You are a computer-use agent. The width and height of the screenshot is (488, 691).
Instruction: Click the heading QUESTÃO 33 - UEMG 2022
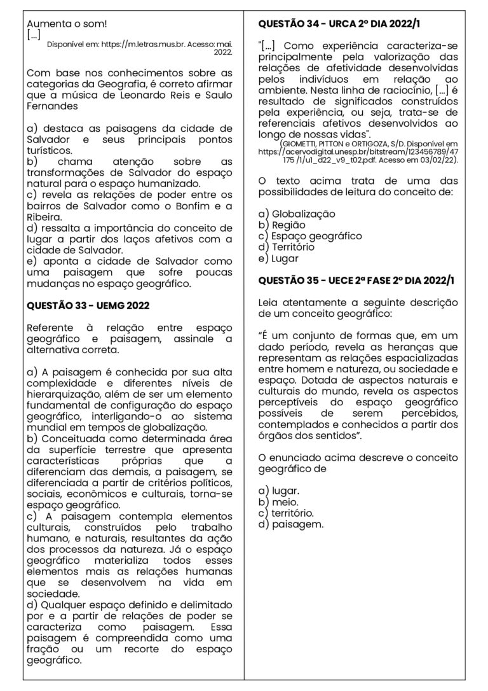pos(88,305)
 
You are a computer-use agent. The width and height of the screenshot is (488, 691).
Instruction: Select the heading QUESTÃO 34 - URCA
pos(340,24)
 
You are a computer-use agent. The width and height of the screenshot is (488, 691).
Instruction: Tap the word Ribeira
pos(44,216)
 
